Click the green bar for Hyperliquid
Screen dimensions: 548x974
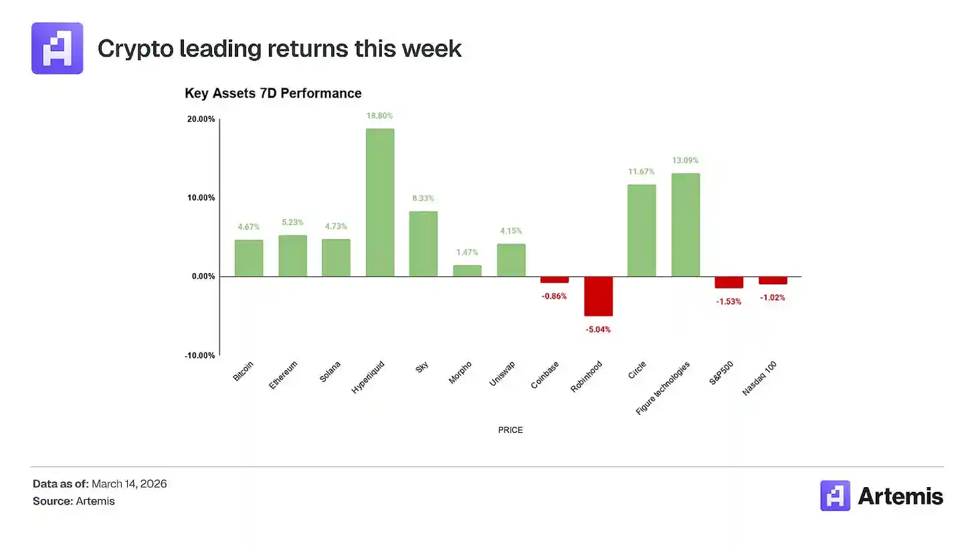point(380,202)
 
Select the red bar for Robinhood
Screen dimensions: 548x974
point(598,296)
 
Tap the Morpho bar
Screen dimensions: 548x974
point(467,271)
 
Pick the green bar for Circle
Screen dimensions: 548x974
point(642,230)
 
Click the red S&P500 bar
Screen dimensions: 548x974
point(728,282)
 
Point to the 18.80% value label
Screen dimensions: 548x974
point(379,116)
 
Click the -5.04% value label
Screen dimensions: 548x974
point(598,329)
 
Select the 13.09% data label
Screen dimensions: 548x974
point(685,161)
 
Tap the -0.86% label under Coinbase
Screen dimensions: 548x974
point(554,296)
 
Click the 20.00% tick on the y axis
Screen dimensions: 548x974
point(201,119)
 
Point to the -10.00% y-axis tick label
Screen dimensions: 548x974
point(199,355)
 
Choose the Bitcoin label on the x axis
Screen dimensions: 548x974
point(243,371)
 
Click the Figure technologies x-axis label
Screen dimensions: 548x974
point(663,388)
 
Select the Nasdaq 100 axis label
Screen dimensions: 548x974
point(759,379)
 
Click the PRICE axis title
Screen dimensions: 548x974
point(510,430)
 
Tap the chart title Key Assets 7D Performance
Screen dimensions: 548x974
point(273,94)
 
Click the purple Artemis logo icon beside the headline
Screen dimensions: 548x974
point(58,48)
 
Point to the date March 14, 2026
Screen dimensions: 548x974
point(129,484)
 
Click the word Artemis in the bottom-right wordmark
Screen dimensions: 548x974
point(900,496)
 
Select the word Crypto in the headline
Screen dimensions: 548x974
point(136,49)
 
